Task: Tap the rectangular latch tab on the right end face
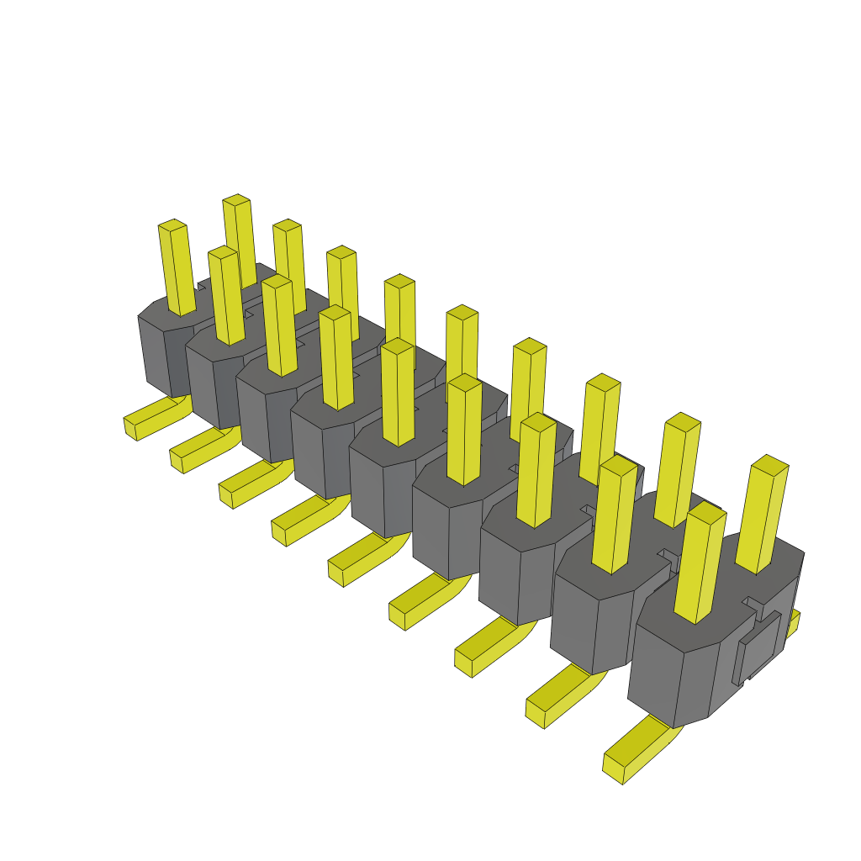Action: tap(760, 647)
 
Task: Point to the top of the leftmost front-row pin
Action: tap(172, 225)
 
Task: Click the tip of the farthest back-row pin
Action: tap(236, 200)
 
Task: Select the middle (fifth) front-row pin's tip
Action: tap(397, 346)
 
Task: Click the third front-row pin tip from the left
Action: tap(277, 283)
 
